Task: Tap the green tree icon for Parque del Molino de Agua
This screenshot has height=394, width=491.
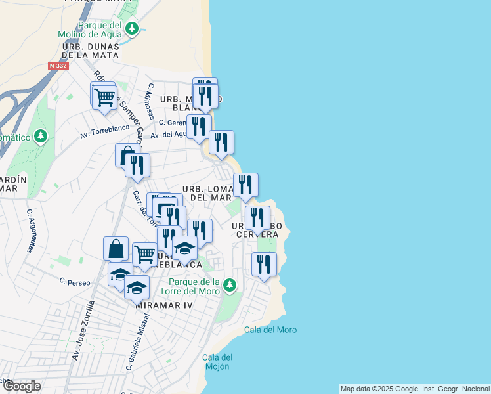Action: point(133,28)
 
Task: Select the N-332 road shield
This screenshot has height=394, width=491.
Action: point(58,66)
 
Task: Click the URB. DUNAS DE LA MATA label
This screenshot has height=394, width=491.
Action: point(91,51)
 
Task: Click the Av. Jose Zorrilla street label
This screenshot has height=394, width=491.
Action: point(83,330)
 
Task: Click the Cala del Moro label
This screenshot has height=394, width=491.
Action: point(270,330)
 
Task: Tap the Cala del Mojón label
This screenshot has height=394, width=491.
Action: point(218,362)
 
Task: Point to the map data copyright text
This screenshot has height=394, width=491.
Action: point(415,389)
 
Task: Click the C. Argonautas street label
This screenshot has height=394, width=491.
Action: point(30,230)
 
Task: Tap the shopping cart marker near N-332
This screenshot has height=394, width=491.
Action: point(104,97)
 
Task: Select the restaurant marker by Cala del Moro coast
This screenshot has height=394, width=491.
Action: point(264,264)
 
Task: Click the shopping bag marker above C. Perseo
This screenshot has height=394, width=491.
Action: point(116,249)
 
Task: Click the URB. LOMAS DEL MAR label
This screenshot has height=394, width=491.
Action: point(207,193)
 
